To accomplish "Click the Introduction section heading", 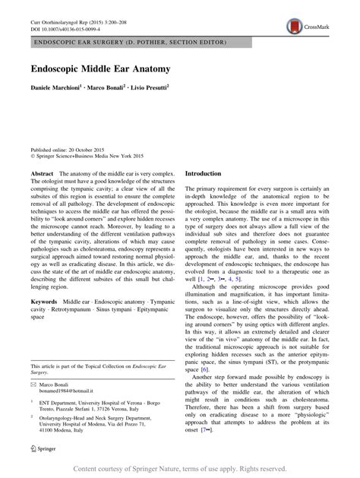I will pyautogui.click(x=203, y=173).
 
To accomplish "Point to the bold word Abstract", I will pyautogui.click(x=42, y=174).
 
